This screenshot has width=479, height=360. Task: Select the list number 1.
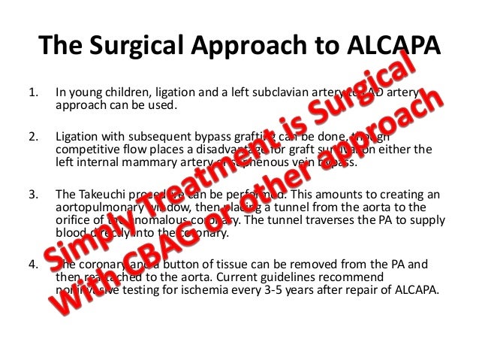(x=32, y=94)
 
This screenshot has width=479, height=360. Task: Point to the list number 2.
(x=32, y=138)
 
